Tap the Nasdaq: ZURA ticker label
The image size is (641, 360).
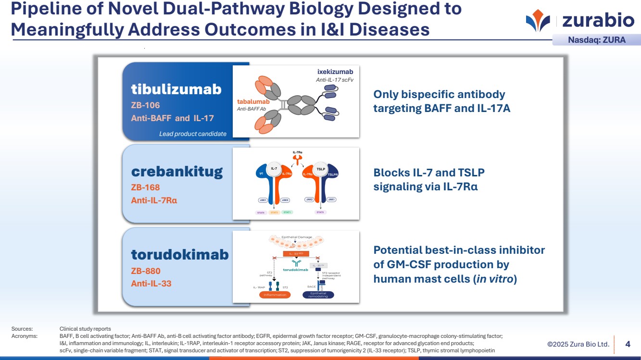(x=597, y=40)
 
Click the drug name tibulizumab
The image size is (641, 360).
(x=176, y=89)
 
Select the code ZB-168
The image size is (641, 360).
(x=145, y=187)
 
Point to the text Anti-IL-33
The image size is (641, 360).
(x=151, y=284)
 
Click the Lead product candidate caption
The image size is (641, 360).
(x=192, y=134)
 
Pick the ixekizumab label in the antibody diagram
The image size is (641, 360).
(x=335, y=72)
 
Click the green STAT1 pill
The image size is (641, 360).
(x=287, y=212)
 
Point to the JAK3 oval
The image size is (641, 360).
(x=285, y=199)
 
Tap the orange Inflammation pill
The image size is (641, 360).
(x=275, y=295)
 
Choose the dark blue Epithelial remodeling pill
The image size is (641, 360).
(x=318, y=295)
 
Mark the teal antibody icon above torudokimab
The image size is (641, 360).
(x=296, y=262)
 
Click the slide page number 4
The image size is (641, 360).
(x=628, y=344)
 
